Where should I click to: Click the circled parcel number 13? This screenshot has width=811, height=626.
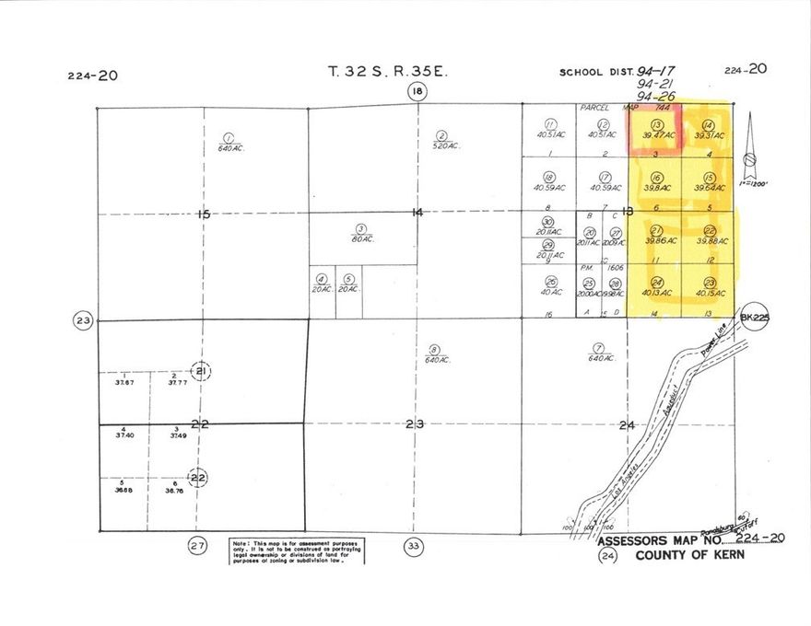(657, 124)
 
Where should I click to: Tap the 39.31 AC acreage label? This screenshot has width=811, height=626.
(711, 136)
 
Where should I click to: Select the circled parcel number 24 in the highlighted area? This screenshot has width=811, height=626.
(657, 282)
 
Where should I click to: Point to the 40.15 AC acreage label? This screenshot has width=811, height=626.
(711, 294)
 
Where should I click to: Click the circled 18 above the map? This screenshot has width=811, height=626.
(418, 90)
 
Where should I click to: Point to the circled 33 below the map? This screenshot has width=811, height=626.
(413, 546)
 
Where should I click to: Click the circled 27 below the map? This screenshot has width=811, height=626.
(197, 546)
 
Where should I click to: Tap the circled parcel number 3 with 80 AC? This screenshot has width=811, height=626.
(361, 228)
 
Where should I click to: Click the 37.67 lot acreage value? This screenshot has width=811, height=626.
(120, 382)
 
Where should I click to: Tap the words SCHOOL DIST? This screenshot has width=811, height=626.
(594, 72)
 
